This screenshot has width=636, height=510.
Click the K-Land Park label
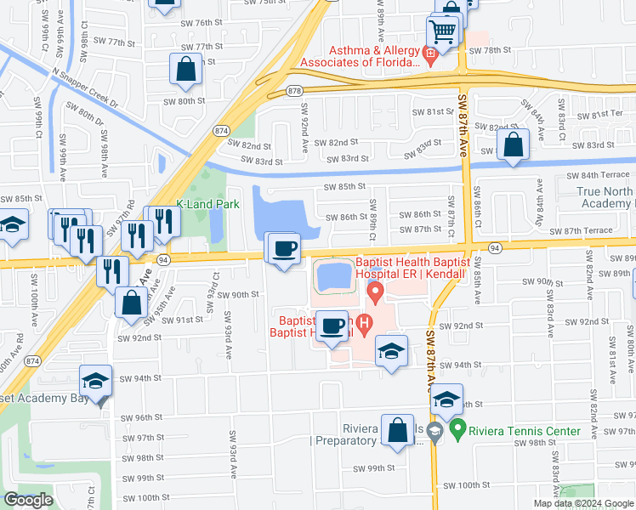point(207,204)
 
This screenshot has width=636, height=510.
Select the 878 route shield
point(294,89)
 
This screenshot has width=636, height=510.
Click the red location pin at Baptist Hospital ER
point(374,294)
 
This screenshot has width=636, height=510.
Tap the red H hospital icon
point(364,323)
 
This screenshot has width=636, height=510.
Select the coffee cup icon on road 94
point(283,248)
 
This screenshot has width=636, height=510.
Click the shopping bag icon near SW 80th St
point(185,69)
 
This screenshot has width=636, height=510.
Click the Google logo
point(28,500)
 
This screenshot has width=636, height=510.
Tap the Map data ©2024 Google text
point(584,503)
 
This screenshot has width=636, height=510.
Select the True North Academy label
point(605,198)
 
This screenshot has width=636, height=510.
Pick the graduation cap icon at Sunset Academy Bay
point(96,381)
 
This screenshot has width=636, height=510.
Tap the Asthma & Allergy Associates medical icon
point(430,56)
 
